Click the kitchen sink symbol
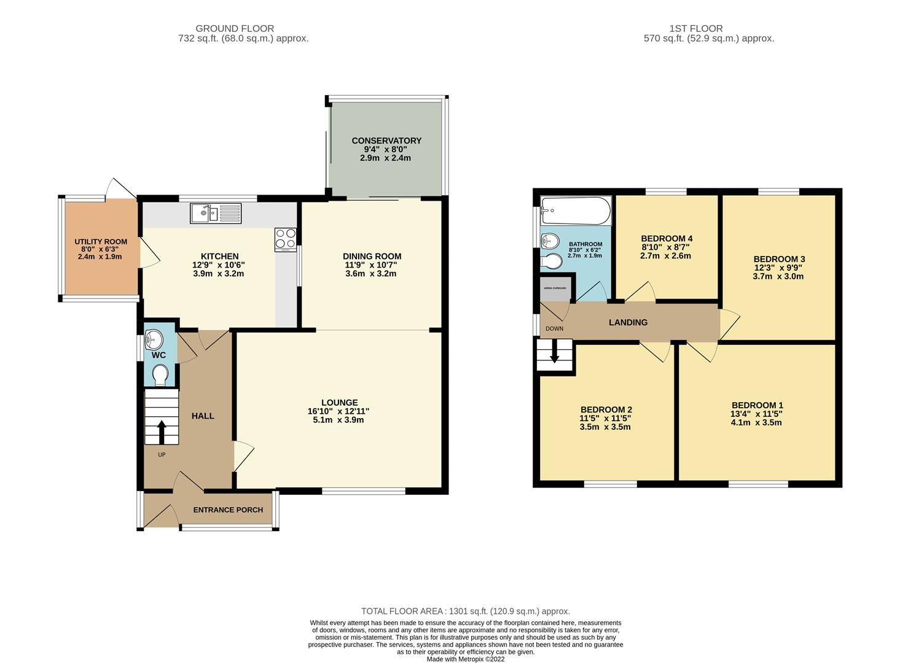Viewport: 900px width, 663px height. click(x=216, y=214)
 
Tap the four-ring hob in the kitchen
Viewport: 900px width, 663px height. click(x=286, y=238)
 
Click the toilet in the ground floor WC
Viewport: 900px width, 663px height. click(x=160, y=375)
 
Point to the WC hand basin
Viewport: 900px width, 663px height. click(x=154, y=339)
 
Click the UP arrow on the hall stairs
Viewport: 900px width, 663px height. click(x=162, y=432)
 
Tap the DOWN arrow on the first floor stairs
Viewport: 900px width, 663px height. click(x=554, y=355)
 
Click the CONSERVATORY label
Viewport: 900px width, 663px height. click(x=386, y=141)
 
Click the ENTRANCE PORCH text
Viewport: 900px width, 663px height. click(x=228, y=510)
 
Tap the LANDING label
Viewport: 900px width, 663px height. click(x=628, y=322)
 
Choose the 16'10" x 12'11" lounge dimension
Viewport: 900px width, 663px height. click(x=338, y=411)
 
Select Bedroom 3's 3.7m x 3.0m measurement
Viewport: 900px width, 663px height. click(x=778, y=276)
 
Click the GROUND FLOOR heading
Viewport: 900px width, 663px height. click(x=235, y=28)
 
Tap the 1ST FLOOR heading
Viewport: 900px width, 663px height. click(x=696, y=28)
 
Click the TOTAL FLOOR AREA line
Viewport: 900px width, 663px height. click(x=465, y=611)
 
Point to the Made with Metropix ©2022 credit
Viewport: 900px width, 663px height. click(x=465, y=659)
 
